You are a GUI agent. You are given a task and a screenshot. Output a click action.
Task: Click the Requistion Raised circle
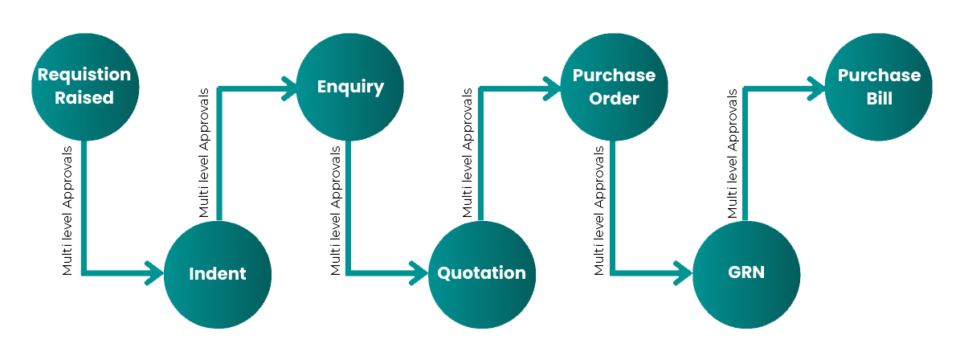point(84,87)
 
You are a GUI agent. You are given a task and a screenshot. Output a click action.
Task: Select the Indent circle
point(217,273)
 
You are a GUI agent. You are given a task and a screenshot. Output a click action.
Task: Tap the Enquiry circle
point(350,87)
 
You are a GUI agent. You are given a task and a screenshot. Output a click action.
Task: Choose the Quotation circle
point(481,273)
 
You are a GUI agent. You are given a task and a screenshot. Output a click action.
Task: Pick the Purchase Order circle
point(614,87)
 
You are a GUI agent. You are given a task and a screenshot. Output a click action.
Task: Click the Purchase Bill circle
point(879,87)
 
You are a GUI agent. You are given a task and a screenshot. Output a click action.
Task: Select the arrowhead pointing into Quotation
point(418,273)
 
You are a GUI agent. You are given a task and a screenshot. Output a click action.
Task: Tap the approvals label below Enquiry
point(335,211)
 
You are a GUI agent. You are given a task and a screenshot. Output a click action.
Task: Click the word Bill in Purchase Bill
point(879,99)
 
